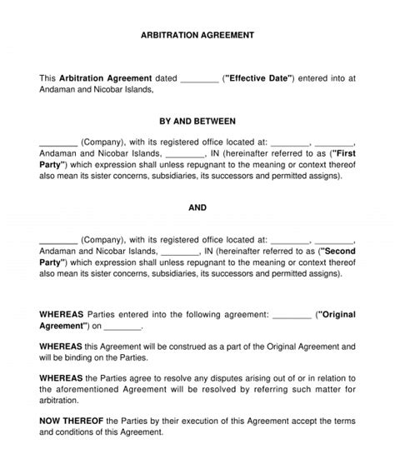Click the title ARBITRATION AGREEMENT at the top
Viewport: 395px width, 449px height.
pos(197,36)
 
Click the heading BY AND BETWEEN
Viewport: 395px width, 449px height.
pos(197,121)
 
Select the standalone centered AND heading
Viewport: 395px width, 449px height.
pos(197,207)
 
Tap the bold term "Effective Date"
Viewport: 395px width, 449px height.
pos(259,78)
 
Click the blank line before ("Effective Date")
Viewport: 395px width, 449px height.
pos(199,80)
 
